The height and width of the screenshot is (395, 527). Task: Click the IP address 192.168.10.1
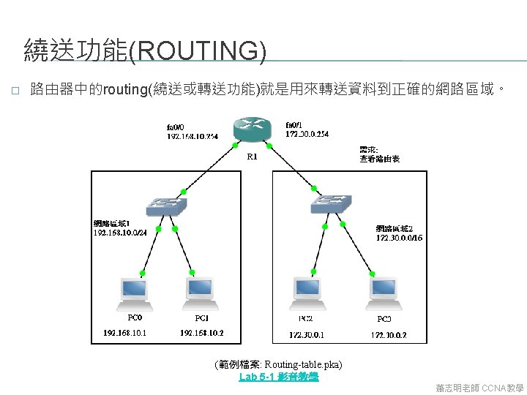click(124, 333)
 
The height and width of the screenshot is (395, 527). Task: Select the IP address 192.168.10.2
click(202, 333)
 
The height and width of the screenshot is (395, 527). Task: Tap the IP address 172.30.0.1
click(307, 335)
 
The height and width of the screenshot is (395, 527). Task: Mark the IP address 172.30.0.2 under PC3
click(388, 335)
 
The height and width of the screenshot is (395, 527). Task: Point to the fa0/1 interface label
click(296, 124)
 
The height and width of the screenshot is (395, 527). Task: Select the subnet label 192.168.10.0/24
click(120, 232)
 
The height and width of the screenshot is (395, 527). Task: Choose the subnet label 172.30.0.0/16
click(399, 238)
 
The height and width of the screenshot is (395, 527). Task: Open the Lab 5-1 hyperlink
click(279, 377)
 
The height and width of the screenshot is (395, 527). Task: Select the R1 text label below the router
click(251, 156)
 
